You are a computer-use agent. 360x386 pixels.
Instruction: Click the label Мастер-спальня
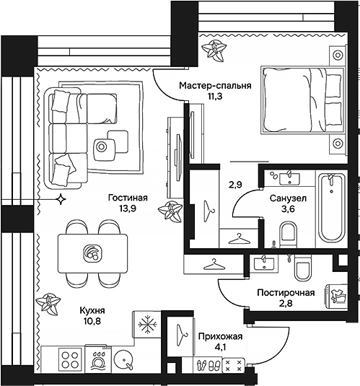pos(215,85)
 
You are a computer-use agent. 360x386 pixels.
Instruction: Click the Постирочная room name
pos(286,292)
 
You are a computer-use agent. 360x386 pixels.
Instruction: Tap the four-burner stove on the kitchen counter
pos(69,359)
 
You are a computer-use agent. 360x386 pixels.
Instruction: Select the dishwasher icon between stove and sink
pos(96,359)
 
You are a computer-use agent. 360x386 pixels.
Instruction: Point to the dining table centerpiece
pos(92,253)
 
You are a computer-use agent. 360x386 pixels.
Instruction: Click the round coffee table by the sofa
pos(102,147)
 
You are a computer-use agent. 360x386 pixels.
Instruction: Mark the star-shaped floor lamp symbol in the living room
pos(62,197)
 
